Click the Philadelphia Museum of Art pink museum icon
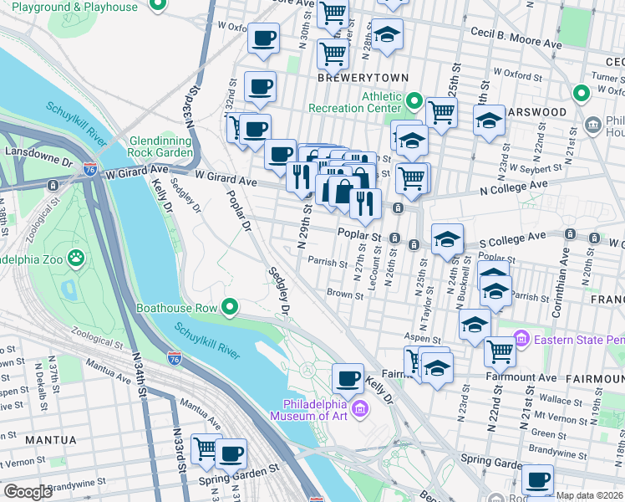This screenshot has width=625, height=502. click(359, 408)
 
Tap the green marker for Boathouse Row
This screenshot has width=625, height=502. click(231, 307)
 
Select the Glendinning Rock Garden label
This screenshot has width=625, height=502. click(161, 146)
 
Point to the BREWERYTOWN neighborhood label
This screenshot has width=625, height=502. click(363, 78)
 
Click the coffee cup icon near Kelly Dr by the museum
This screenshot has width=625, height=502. click(348, 378)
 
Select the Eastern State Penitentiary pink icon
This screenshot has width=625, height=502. click(522, 339)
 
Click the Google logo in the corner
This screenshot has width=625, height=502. click(27, 491)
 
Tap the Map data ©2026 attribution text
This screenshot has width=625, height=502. click(588, 495)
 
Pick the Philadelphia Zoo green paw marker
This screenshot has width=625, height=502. click(77, 257)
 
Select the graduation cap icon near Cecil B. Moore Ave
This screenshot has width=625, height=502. click(387, 34)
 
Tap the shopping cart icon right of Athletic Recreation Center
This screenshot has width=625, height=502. click(440, 111)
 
